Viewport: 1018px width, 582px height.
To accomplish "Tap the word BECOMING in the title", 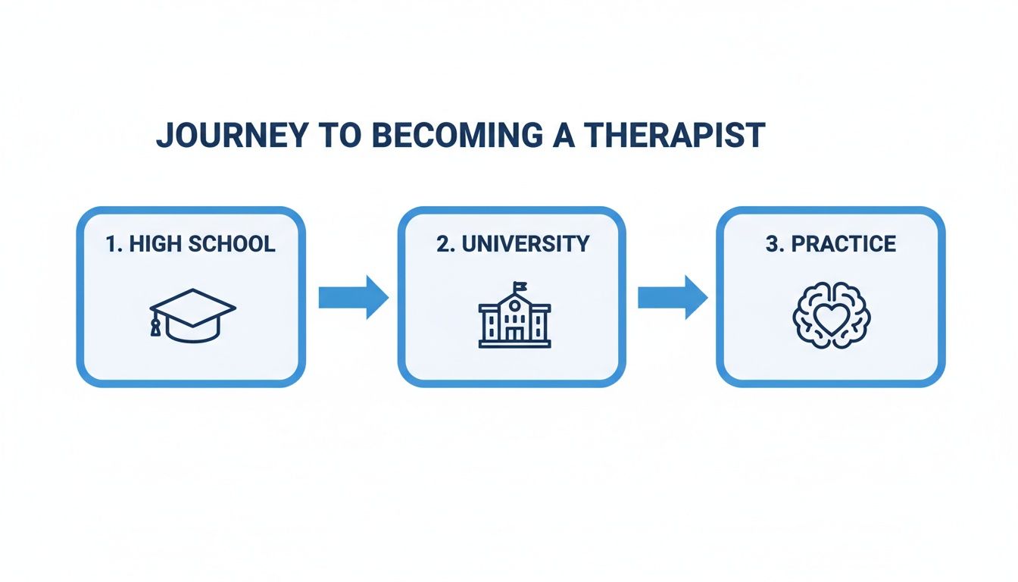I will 453,135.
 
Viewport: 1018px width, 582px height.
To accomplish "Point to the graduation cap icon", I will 192,315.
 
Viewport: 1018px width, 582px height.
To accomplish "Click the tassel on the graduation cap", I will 155,327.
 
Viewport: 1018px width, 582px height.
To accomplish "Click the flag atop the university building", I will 520,286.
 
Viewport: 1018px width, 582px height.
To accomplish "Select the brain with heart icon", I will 831,317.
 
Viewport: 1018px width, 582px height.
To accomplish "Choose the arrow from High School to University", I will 352,297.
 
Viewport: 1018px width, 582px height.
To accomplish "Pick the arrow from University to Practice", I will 672,297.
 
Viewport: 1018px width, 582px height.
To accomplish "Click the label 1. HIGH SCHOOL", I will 191,244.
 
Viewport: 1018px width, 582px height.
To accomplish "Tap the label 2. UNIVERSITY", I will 513,244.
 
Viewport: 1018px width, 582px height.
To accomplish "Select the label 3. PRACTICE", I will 831,244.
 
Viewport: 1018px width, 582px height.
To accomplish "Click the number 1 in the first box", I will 111,244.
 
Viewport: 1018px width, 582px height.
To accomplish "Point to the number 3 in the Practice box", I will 772,244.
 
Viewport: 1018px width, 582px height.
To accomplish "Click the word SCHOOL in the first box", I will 231,244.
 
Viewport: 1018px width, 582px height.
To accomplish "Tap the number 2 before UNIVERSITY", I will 443,244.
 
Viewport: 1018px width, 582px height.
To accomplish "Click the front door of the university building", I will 514,335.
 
